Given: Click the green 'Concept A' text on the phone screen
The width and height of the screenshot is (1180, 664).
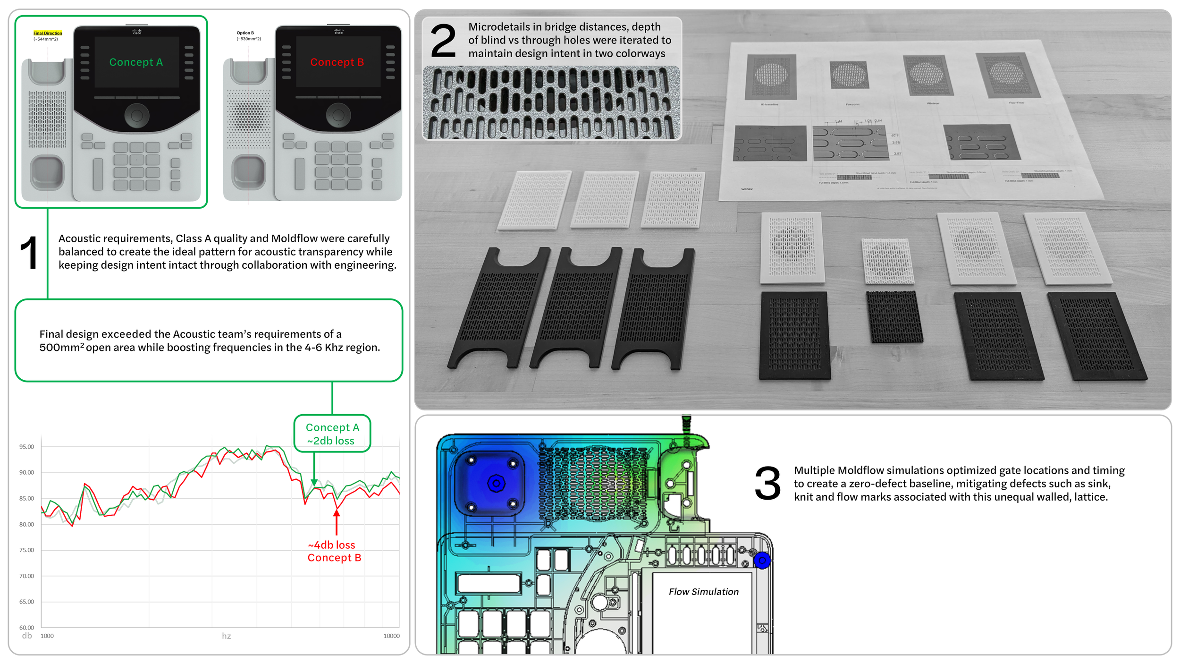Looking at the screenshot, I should point(136,62).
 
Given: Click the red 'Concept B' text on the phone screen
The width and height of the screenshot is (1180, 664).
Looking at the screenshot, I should point(337,62).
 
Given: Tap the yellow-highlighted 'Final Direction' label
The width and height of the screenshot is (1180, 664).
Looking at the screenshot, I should point(48,33).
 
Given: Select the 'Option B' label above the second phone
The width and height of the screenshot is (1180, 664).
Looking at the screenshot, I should point(245,33).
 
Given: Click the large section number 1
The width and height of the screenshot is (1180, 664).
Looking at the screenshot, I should point(29,254).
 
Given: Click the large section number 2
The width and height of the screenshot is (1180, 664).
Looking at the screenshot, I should point(443,42).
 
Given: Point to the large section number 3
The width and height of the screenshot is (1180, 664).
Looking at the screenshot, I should point(767,483).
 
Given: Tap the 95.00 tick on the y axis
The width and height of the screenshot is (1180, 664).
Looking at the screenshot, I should point(26,447).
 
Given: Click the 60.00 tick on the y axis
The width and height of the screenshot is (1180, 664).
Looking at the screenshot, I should point(26,628).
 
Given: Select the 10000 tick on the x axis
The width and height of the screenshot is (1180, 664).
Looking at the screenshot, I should point(391,636).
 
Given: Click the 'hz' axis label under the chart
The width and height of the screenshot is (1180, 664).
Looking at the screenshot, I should point(227,636).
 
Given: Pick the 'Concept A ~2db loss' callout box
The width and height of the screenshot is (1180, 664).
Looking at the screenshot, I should point(332,434).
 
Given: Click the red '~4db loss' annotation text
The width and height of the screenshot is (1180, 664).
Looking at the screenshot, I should point(331,545).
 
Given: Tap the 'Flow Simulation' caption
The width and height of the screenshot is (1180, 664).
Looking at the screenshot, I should point(703,592).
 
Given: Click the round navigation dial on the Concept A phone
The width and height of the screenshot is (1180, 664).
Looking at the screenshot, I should point(137,115).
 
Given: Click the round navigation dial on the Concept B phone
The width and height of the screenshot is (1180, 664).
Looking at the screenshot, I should point(338,115).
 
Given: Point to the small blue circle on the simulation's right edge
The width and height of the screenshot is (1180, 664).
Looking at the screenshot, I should point(762,561).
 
